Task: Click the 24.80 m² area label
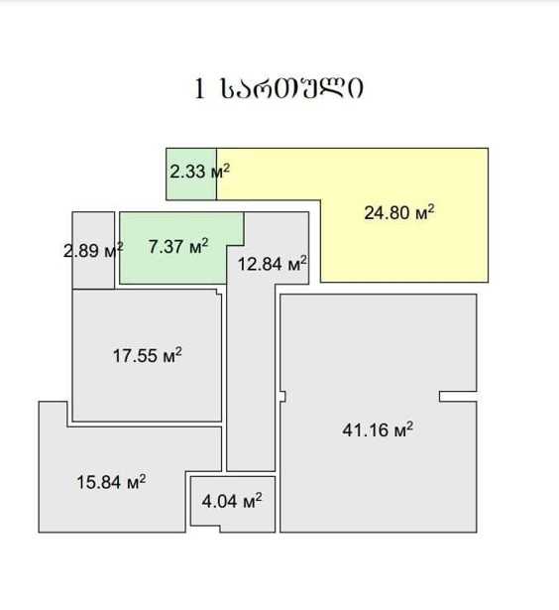tap(399, 212)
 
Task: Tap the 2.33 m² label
tap(199, 172)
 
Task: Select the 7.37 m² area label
tap(178, 246)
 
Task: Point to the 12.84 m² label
tap(273, 264)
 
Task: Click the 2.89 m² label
tap(93, 250)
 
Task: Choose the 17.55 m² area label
tap(148, 355)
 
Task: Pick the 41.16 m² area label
tap(378, 429)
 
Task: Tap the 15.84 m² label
tap(112, 482)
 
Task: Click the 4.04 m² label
tap(232, 501)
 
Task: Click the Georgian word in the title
tap(292, 88)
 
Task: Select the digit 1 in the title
tap(199, 89)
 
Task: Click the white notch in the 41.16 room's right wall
tap(459, 397)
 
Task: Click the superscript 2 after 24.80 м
tap(431, 208)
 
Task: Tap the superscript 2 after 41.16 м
tap(409, 426)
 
